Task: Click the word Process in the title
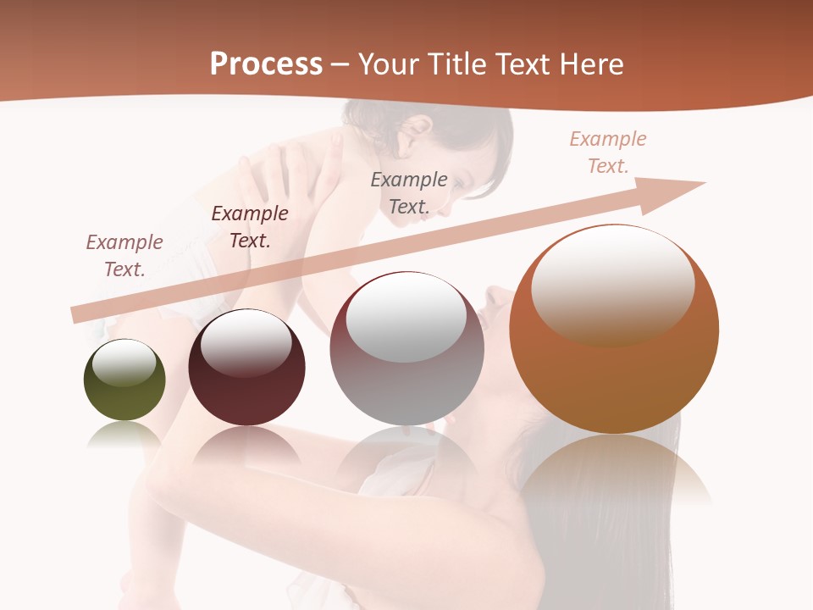click(266, 64)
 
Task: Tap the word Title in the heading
click(456, 64)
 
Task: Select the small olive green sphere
click(124, 391)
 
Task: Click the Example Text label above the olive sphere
click(124, 256)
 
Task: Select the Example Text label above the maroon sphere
click(250, 227)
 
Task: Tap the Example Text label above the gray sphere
click(409, 193)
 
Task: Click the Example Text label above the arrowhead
click(608, 152)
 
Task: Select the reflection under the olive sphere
click(124, 435)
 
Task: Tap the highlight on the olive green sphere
click(124, 362)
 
